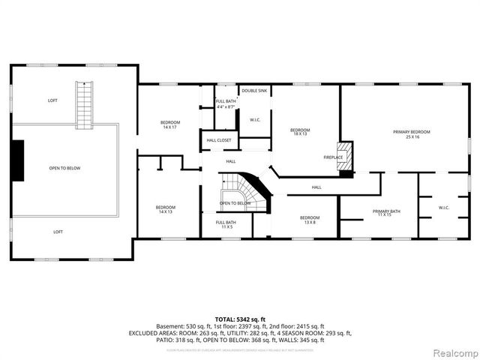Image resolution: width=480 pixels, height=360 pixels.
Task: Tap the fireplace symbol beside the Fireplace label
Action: click(344, 156)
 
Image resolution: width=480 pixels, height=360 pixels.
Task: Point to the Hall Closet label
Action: click(217, 140)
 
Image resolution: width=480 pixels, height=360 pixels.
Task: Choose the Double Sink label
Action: click(254, 91)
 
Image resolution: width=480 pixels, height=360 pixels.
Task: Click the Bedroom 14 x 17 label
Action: click(169, 124)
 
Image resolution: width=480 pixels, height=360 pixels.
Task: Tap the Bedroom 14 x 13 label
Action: click(165, 210)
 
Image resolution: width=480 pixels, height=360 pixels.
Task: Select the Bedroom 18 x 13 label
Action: click(300, 132)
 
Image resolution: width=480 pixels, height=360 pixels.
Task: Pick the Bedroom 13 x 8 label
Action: click(304, 220)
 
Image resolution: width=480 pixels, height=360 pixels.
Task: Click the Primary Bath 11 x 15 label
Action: click(386, 214)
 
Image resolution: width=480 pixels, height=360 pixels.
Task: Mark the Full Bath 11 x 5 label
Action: click(226, 224)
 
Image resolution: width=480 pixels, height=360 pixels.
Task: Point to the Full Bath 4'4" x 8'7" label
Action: click(226, 104)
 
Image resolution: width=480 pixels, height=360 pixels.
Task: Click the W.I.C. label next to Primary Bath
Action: click(443, 208)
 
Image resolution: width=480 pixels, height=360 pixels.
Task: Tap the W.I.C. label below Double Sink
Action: click(255, 120)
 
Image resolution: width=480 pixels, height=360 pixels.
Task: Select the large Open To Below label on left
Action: click(64, 168)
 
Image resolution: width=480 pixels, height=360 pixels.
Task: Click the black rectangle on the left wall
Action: click(18, 160)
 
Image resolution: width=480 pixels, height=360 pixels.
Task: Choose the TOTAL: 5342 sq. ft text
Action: click(240, 319)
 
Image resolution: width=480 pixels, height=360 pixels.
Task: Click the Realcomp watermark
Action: click(454, 352)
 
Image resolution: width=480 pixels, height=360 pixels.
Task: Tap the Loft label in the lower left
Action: click(58, 232)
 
